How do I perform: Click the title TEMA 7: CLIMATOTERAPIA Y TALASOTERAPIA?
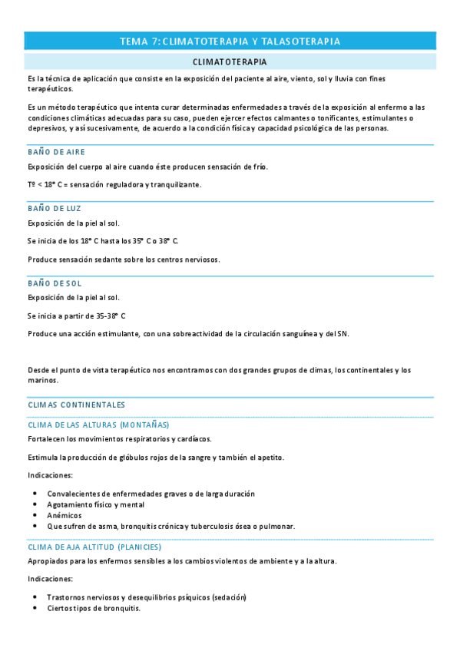(x=230, y=41)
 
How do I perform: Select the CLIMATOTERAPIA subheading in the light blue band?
(x=230, y=61)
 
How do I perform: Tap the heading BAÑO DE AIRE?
(x=56, y=152)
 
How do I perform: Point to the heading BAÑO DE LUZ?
(x=54, y=208)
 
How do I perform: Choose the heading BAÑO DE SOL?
(x=54, y=283)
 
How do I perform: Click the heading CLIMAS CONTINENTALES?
(x=76, y=405)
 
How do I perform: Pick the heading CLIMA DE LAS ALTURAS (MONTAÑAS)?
(x=98, y=425)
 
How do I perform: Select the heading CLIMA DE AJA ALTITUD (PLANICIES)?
(x=94, y=547)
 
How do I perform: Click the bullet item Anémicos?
(x=65, y=515)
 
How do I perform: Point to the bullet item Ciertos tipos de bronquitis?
(x=94, y=608)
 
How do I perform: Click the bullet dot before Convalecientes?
(x=35, y=494)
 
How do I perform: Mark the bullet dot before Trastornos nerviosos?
(x=35, y=597)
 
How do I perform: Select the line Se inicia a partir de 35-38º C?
(x=76, y=316)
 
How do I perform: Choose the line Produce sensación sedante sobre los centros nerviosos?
(x=123, y=259)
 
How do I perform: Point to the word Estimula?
(x=42, y=458)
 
